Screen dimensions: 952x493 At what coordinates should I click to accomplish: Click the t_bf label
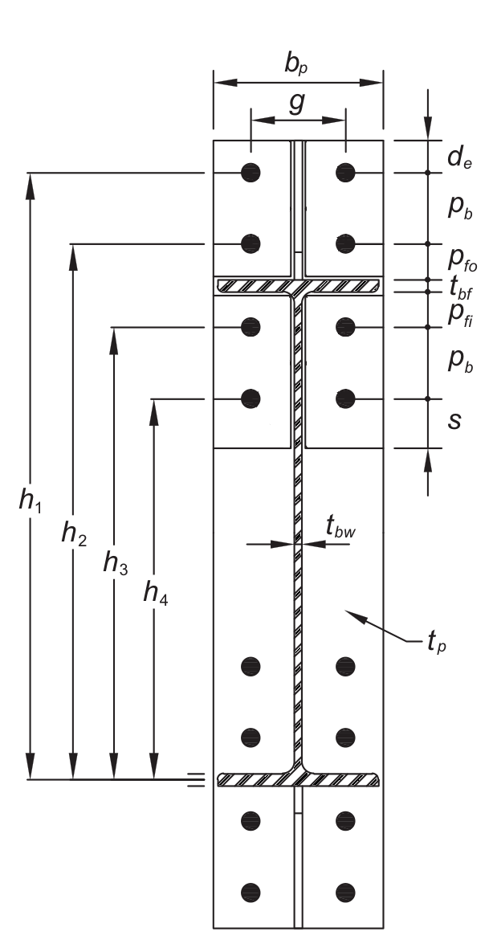[459, 285]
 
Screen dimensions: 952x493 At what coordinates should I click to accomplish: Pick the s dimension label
[454, 420]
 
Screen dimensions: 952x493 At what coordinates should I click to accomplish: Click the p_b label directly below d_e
[459, 207]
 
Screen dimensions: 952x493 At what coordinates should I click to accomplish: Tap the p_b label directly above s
[459, 361]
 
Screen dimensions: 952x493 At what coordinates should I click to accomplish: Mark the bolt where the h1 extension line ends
[251, 172]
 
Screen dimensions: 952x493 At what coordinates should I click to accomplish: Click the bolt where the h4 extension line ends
[251, 398]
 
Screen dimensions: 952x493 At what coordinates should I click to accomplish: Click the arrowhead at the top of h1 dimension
[30, 182]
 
